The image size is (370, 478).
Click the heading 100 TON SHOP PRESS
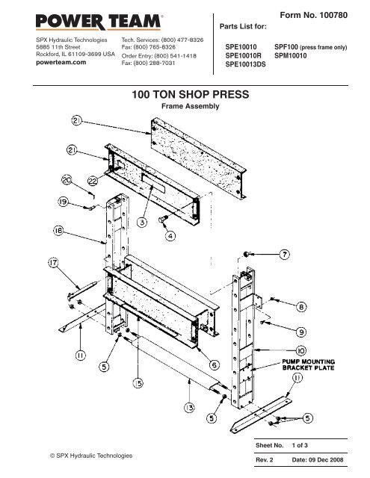tap(185, 96)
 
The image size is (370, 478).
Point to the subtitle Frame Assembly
tap(185, 108)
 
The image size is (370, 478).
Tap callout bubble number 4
tap(170, 236)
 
